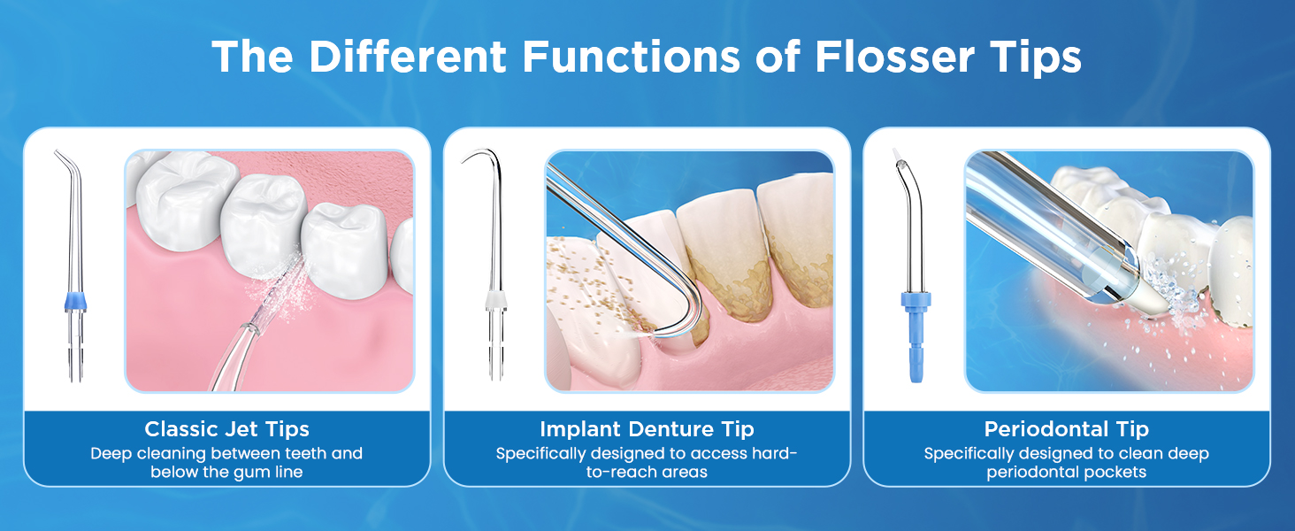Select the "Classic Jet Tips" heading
click(x=227, y=429)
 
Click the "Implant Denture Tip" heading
click(x=647, y=429)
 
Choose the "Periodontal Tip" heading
click(x=1066, y=429)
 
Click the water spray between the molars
click(x=283, y=283)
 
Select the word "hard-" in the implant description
click(x=776, y=453)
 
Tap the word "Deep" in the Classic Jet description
click(x=110, y=453)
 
